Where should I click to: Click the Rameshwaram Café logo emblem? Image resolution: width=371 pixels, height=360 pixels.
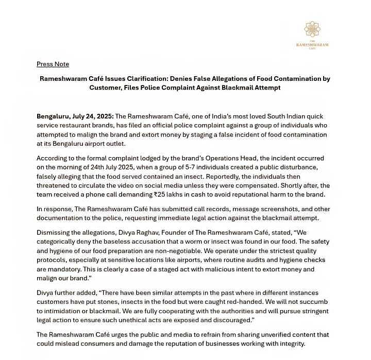(x=312, y=29)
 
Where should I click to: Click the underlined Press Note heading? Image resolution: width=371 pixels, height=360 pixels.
(x=53, y=64)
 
